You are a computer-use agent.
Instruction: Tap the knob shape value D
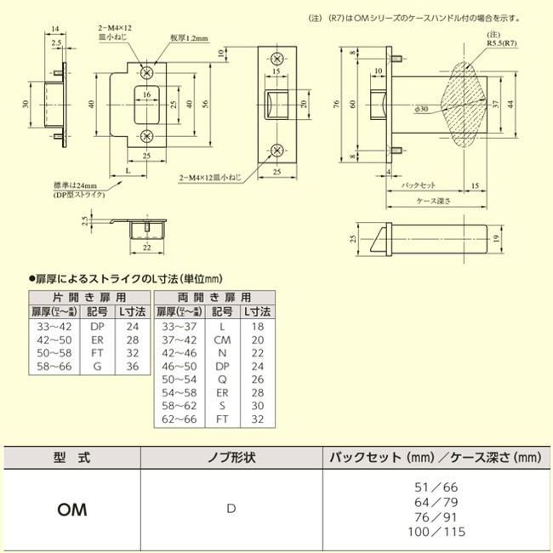(x=230, y=510)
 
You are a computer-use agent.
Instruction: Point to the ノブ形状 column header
(x=232, y=458)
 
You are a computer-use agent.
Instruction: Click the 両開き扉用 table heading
(x=215, y=299)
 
